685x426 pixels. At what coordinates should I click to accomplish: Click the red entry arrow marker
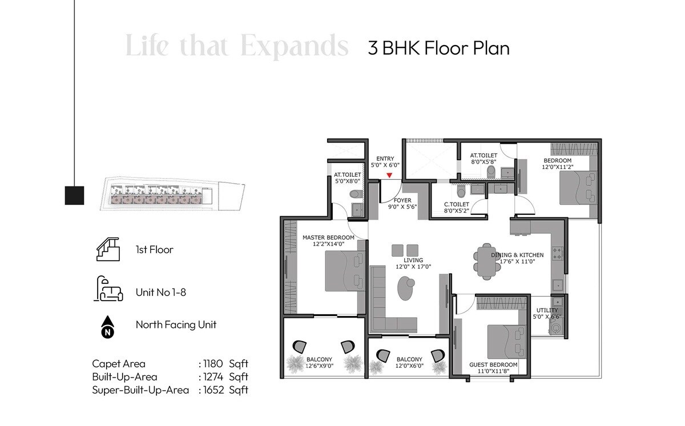point(389,176)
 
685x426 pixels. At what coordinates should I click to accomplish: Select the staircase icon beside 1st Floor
point(107,250)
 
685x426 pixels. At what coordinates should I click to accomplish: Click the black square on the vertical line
point(74,196)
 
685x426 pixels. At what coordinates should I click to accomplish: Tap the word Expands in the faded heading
point(295,47)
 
